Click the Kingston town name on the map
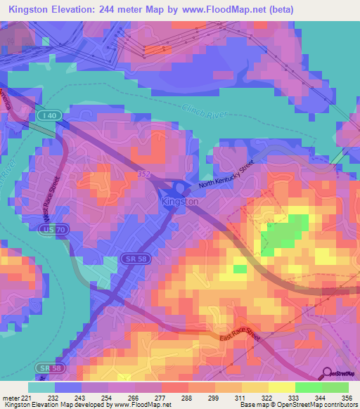[x=180, y=201]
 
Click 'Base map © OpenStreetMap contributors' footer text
[x=296, y=405]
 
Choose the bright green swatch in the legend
[x=309, y=387]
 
